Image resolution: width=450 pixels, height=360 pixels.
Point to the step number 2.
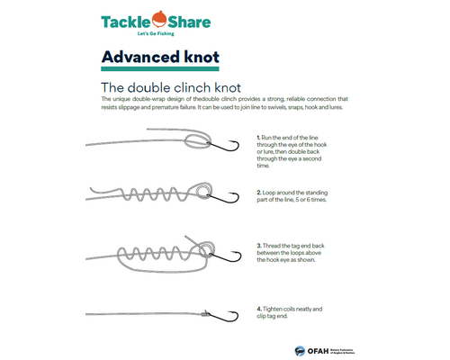[258, 192]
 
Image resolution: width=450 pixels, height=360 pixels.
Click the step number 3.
[258, 245]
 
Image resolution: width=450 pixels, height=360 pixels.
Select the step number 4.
[258, 309]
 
